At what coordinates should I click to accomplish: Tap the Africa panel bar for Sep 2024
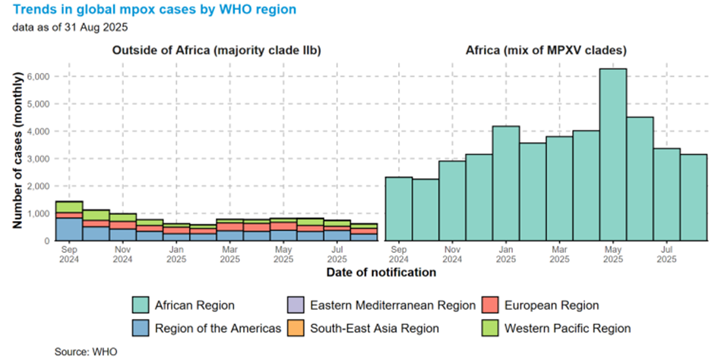pyautogui.click(x=399, y=209)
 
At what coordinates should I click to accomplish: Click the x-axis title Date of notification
pyautogui.click(x=381, y=272)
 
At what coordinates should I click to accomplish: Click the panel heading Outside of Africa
pyautogui.click(x=217, y=51)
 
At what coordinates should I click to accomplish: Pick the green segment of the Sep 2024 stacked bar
pyautogui.click(x=69, y=207)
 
